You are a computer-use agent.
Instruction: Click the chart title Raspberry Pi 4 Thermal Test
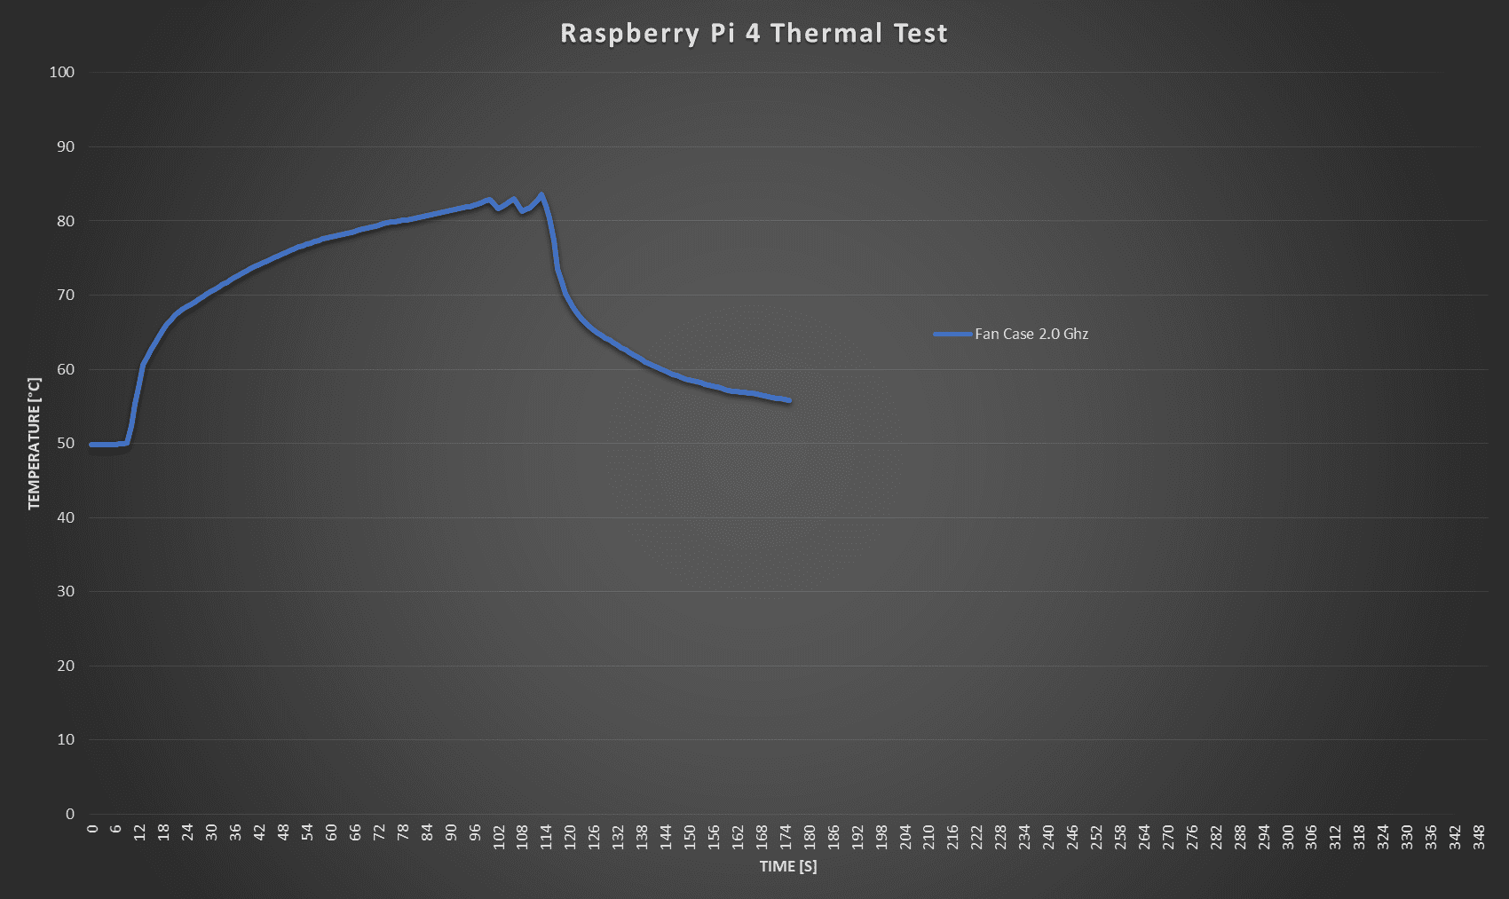click(x=754, y=33)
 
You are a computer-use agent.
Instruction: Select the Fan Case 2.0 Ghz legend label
click(x=1031, y=334)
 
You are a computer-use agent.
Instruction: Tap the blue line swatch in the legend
click(x=952, y=334)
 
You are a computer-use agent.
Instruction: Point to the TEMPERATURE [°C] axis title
click(x=35, y=443)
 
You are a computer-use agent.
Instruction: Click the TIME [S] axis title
click(x=788, y=866)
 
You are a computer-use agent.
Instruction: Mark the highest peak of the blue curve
click(x=541, y=194)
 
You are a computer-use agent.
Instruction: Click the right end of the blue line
click(x=789, y=400)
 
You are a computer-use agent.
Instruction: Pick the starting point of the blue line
click(x=91, y=445)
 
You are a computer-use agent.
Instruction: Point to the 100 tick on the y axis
click(x=62, y=72)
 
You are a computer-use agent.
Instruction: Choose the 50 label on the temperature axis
click(x=66, y=443)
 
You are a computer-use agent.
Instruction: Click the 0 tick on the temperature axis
click(x=70, y=814)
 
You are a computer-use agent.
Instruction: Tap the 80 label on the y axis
click(x=66, y=221)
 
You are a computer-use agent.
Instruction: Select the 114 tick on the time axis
click(x=546, y=836)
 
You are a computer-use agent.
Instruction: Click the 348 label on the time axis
click(x=1479, y=836)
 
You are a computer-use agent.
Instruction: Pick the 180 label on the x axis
click(x=810, y=836)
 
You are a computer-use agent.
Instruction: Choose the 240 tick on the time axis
click(x=1048, y=836)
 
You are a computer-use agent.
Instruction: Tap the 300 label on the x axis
click(x=1287, y=836)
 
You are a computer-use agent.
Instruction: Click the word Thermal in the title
click(x=826, y=33)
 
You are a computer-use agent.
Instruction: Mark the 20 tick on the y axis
click(x=66, y=666)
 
